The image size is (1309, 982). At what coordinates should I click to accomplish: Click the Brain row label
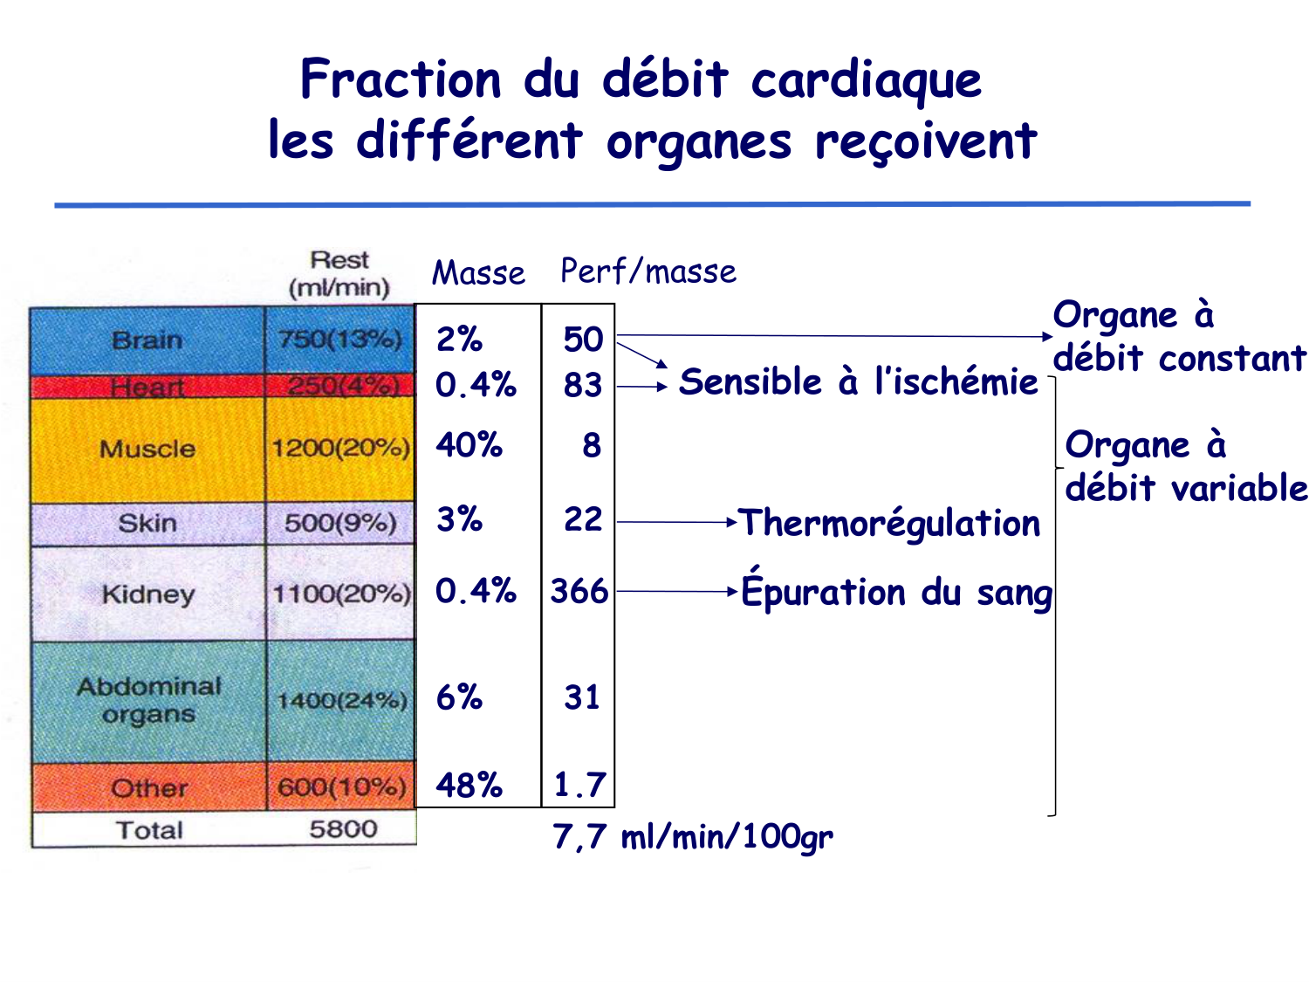pyautogui.click(x=147, y=340)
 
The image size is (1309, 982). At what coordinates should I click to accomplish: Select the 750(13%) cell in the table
pyautogui.click(x=339, y=340)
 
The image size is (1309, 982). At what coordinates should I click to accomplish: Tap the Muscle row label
pyautogui.click(x=147, y=449)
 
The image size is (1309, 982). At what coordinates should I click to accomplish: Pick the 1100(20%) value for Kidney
pyautogui.click(x=340, y=594)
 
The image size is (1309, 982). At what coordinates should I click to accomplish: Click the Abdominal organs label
pyautogui.click(x=148, y=700)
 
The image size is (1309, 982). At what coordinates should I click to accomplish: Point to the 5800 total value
pyautogui.click(x=343, y=829)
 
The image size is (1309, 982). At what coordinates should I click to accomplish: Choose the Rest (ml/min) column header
pyautogui.click(x=339, y=273)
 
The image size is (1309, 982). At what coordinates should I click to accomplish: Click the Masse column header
pyautogui.click(x=478, y=273)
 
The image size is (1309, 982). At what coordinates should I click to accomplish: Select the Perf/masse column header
pyautogui.click(x=648, y=271)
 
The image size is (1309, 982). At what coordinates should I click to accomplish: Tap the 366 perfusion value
pyautogui.click(x=579, y=592)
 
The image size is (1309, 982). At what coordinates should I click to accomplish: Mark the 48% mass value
pyautogui.click(x=469, y=786)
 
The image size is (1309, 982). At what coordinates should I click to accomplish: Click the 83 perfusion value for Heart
pyautogui.click(x=582, y=385)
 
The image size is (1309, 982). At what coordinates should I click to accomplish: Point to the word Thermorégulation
pyautogui.click(x=889, y=523)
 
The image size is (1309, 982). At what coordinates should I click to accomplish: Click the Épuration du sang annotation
pyautogui.click(x=896, y=592)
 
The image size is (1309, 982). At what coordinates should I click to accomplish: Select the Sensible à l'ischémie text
pyautogui.click(x=859, y=381)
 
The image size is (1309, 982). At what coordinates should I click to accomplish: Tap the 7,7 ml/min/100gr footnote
pyautogui.click(x=693, y=837)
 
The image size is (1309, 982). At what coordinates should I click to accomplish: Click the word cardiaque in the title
pyautogui.click(x=866, y=79)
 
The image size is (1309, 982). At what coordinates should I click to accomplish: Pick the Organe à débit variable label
pyautogui.click(x=1185, y=466)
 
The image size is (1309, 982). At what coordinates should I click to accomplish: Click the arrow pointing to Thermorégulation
pyautogui.click(x=677, y=522)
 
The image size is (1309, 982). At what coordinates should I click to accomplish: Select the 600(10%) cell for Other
pyautogui.click(x=341, y=787)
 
